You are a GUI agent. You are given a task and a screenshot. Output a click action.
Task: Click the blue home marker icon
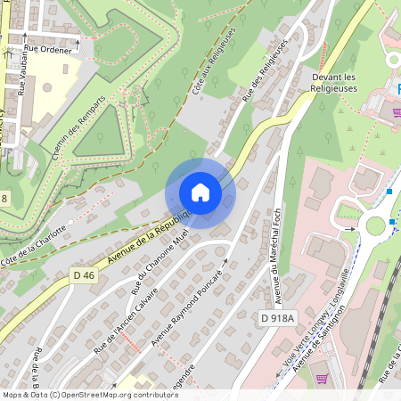click(200, 192)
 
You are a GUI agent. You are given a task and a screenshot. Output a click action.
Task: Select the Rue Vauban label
click(22, 72)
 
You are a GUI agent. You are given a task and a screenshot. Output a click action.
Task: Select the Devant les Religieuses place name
click(334, 82)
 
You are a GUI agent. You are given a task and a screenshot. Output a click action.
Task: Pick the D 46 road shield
click(84, 275)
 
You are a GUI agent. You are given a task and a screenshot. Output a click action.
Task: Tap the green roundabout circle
click(374, 225)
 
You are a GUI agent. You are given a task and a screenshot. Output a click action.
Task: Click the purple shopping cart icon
click(322, 378)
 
